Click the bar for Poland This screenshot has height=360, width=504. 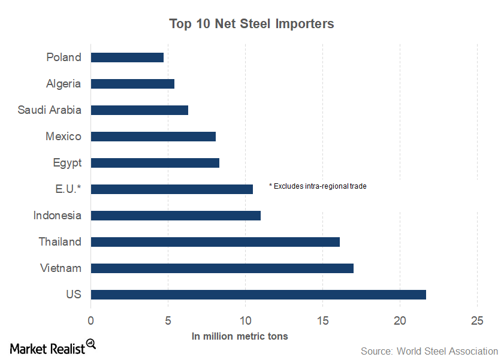click(x=127, y=58)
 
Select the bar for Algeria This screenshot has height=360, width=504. click(x=132, y=84)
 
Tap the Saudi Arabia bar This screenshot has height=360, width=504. click(x=139, y=110)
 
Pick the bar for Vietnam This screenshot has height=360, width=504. click(x=222, y=268)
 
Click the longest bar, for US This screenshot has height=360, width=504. click(x=258, y=295)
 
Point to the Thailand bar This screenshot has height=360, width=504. click(x=215, y=242)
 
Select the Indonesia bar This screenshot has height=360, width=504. click(x=176, y=216)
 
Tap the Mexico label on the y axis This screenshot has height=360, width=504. click(x=63, y=137)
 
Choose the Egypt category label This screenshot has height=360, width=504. click(x=67, y=163)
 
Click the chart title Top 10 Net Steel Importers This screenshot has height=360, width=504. click(x=252, y=24)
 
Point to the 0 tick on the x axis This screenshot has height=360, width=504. click(x=90, y=320)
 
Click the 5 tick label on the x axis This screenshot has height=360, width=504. click(x=168, y=320)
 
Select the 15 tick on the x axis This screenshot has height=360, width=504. click(x=322, y=320)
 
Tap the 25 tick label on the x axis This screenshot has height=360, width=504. click(x=477, y=320)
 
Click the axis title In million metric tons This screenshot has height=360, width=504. click(x=240, y=337)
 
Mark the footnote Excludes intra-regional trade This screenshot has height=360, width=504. click(x=318, y=186)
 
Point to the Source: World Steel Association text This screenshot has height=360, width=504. click(x=429, y=351)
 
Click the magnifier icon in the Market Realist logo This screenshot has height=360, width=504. click(x=91, y=344)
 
